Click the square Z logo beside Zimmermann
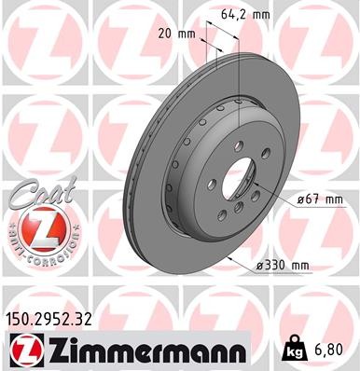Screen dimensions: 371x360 pyautogui.click(x=20, y=351)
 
